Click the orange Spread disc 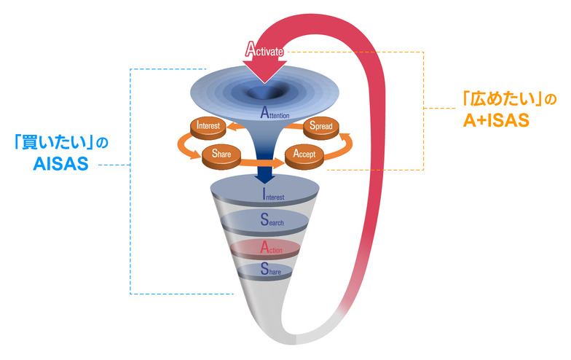coord(318,126)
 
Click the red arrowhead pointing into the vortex coord(264,73)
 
